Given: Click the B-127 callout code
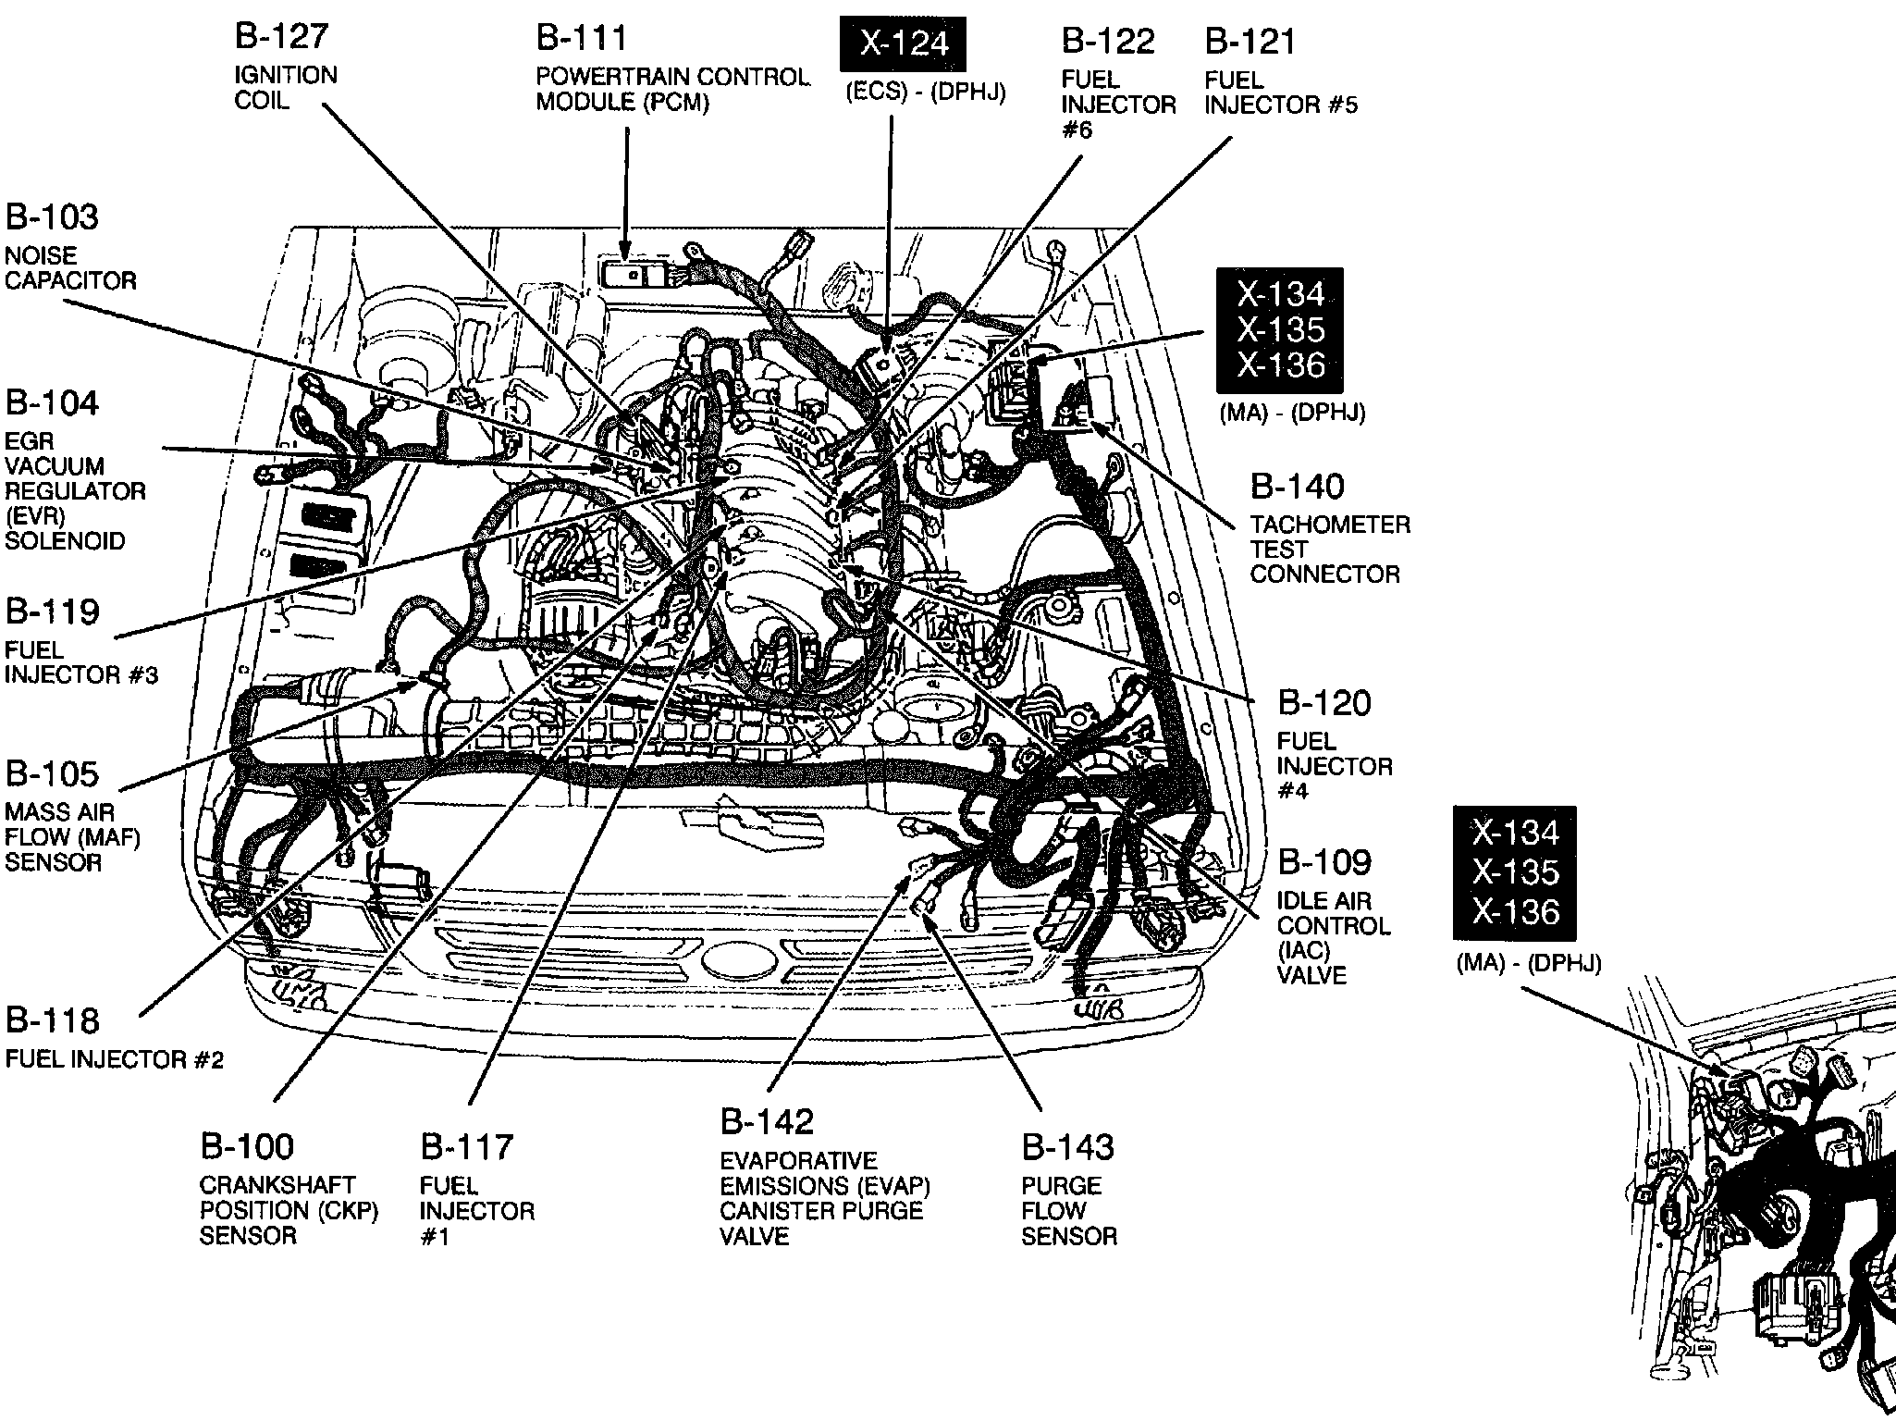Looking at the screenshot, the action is tap(281, 36).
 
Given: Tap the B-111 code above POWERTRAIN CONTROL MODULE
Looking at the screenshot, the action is tap(582, 38).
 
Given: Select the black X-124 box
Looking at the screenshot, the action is tap(903, 43).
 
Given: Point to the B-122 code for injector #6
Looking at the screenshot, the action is tap(1108, 41).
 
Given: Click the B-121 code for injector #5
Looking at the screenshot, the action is tap(1250, 41).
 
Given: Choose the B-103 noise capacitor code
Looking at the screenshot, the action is tap(52, 216).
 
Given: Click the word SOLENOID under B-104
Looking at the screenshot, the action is tap(65, 540).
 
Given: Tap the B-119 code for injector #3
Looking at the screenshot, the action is tap(52, 612).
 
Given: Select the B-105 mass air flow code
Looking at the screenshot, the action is tap(52, 773).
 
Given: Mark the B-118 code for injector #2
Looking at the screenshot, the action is tap(52, 1020).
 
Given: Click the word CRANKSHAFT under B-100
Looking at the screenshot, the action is tap(277, 1185).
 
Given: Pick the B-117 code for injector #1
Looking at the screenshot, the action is tap(467, 1147).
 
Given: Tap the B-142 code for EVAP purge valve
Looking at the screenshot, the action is tap(767, 1121).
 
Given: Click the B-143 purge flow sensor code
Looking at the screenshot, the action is tap(1068, 1147).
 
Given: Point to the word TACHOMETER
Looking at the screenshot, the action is tap(1330, 525).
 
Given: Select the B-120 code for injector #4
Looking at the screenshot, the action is tap(1324, 703).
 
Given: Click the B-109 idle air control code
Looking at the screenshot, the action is tap(1324, 862).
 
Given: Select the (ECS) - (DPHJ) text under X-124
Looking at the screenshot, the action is tap(925, 93).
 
